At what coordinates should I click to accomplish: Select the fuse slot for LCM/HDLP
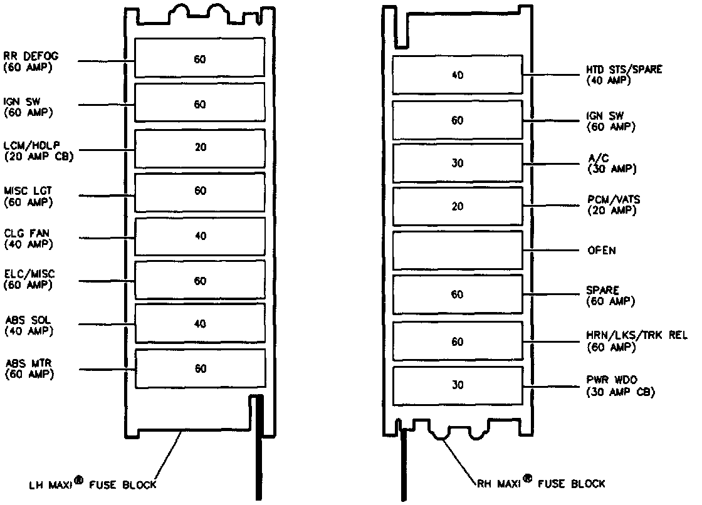click(199, 148)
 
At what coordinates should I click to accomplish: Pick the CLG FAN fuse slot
click(199, 237)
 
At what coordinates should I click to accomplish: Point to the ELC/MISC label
click(29, 280)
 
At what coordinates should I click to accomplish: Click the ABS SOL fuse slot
click(199, 324)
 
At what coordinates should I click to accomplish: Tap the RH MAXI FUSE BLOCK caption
click(540, 483)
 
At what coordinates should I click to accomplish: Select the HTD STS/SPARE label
click(624, 75)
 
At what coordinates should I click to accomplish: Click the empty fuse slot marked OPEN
click(458, 250)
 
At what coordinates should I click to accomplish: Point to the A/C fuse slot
click(458, 163)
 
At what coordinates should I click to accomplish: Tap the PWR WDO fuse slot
click(458, 385)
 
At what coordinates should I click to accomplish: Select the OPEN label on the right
click(601, 251)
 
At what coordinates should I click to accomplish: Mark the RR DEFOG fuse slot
click(199, 60)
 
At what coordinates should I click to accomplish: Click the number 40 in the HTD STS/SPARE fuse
click(458, 75)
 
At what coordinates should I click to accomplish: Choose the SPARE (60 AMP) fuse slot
click(458, 294)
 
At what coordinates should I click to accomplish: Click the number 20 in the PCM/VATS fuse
click(458, 207)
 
